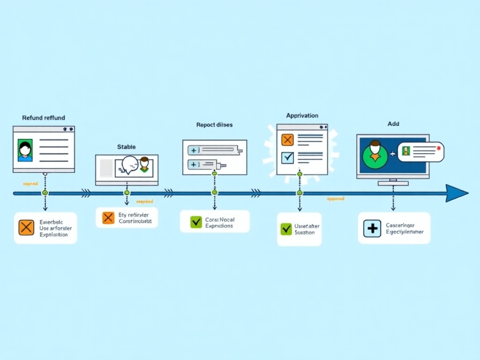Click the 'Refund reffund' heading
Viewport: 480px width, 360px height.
point(44,118)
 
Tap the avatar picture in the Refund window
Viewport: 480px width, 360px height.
point(25,150)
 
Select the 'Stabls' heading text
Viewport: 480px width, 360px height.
point(126,147)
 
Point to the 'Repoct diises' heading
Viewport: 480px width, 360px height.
point(214,125)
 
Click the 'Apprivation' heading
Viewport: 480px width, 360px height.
point(302,115)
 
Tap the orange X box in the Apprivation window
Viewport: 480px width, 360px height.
point(287,139)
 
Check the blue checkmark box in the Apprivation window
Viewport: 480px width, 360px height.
point(287,157)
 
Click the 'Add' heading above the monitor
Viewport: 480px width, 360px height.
point(393,124)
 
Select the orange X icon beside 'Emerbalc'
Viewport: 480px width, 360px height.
point(26,227)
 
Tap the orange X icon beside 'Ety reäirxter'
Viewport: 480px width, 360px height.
point(108,217)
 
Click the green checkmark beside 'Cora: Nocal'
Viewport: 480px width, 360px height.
point(196,222)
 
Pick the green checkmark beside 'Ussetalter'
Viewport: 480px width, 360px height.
point(286,229)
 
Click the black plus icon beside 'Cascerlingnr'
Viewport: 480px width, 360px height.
point(372,228)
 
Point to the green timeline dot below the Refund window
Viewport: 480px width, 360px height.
point(45,193)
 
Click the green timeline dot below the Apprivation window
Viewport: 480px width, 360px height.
point(300,193)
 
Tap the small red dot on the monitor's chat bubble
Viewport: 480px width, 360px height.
point(437,148)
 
